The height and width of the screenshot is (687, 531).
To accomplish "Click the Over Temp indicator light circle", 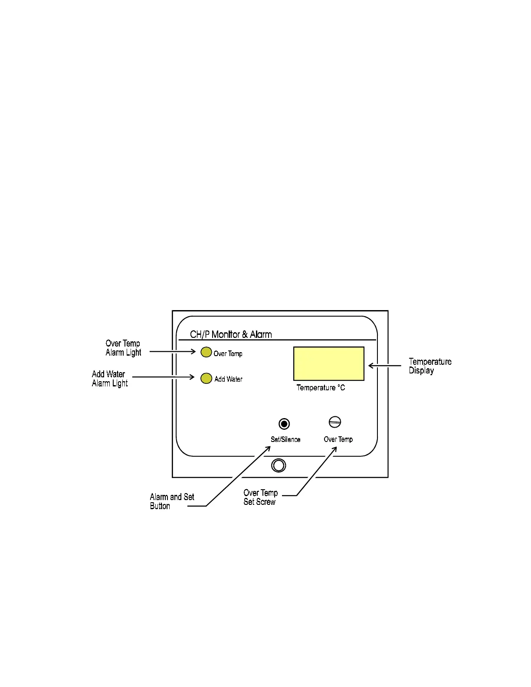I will click(x=206, y=352).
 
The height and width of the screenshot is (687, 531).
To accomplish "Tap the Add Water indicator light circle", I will click(x=206, y=378).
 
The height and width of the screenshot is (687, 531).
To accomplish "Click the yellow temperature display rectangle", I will click(x=328, y=363).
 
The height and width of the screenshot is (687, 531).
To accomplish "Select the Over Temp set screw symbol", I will click(x=335, y=422).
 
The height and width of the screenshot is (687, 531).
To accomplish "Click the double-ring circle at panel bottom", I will click(x=279, y=465).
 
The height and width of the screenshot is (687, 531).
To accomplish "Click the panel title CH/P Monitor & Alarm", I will click(x=231, y=334).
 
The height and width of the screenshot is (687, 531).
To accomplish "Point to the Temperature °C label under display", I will click(x=321, y=388).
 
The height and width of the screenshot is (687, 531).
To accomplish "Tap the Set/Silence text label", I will click(x=285, y=439).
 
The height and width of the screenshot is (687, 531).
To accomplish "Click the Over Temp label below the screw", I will click(x=338, y=439).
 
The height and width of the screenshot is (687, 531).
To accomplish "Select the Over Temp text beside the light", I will click(x=228, y=353).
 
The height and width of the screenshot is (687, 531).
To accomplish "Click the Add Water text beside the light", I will click(x=228, y=379).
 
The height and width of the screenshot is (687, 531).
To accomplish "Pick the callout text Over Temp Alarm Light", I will click(x=123, y=348).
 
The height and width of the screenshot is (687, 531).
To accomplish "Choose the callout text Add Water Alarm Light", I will click(x=109, y=379).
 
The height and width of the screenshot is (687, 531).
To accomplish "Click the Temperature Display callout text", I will click(x=429, y=366).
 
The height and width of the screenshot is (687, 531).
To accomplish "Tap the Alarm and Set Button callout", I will click(x=172, y=501).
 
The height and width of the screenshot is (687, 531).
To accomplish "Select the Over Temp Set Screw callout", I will click(x=260, y=497).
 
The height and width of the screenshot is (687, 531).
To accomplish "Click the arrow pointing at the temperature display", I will click(x=384, y=366).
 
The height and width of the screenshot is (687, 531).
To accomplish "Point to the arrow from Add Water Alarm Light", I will click(x=163, y=377).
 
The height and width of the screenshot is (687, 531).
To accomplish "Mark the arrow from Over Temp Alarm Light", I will click(x=173, y=351).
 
